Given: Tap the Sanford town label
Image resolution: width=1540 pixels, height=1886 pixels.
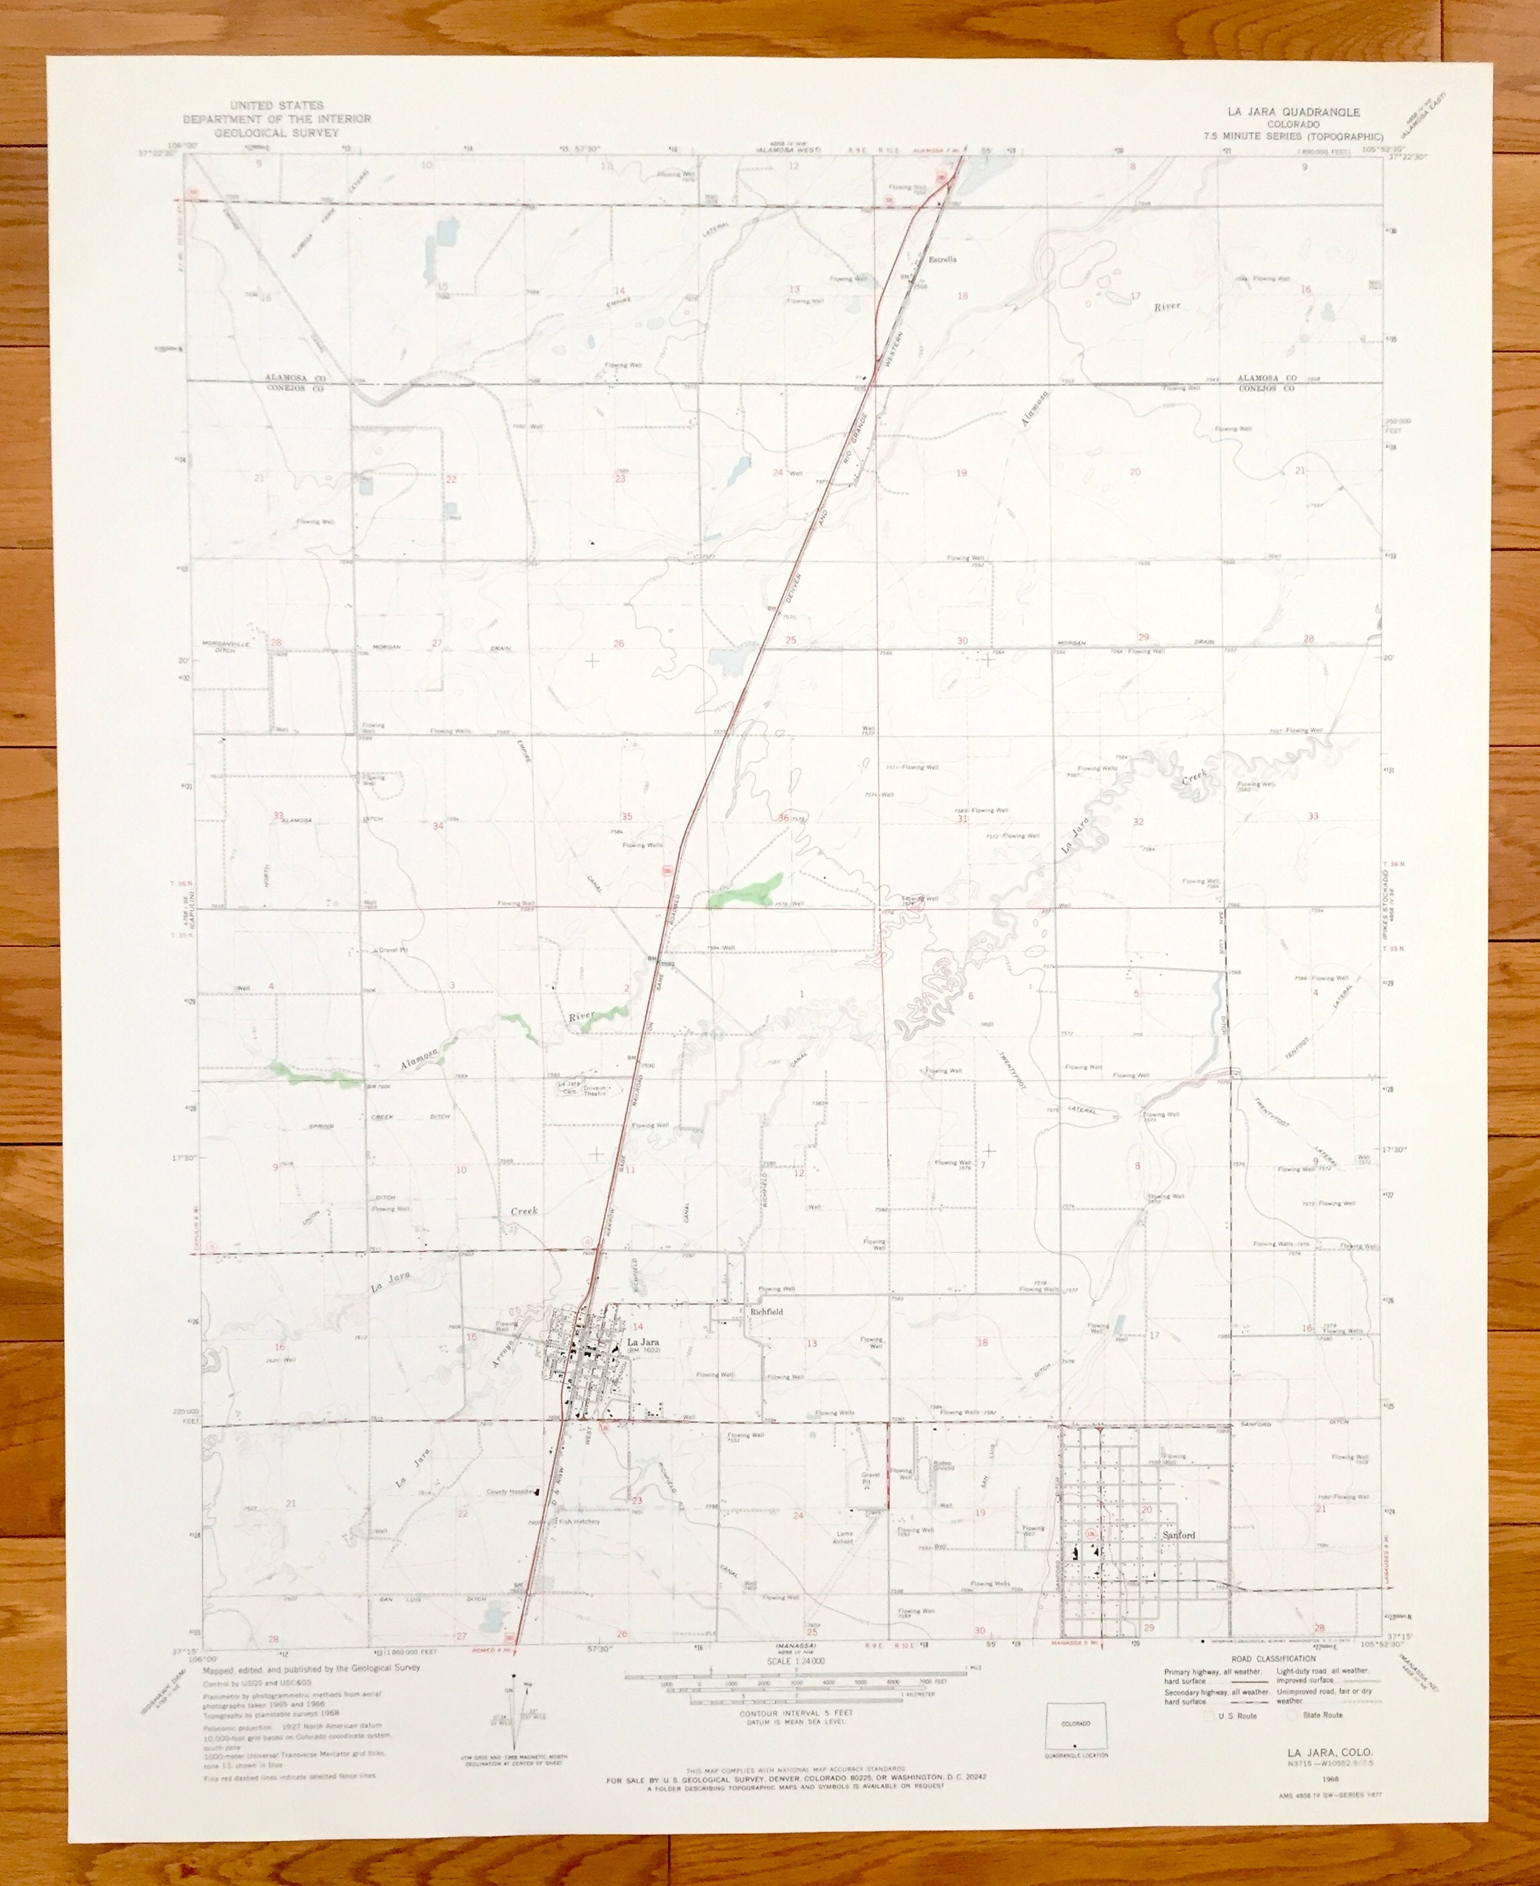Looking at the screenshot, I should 1178,1535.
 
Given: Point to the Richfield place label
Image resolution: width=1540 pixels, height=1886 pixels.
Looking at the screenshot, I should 766,1311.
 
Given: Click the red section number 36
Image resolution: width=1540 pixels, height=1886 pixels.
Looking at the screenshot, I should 784,817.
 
